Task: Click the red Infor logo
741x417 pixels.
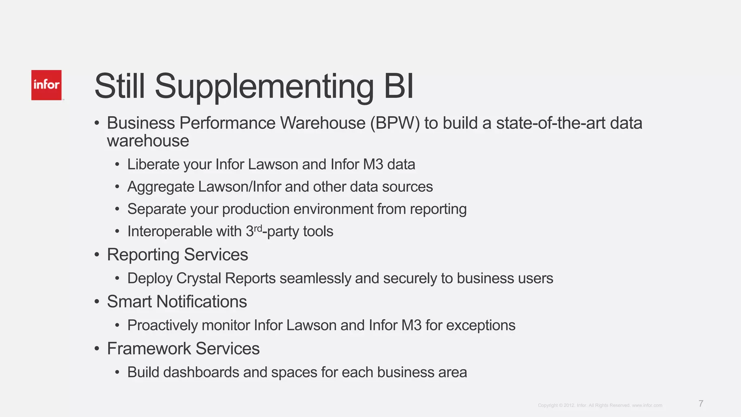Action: pos(46,85)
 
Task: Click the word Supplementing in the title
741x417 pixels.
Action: pos(264,87)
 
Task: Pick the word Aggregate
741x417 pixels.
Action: pos(161,187)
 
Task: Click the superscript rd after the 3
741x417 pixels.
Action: pos(258,228)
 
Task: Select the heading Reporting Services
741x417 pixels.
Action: pos(177,254)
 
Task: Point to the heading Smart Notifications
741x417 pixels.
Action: pos(177,302)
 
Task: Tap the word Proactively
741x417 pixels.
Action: pos(162,325)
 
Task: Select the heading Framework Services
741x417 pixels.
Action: pos(183,349)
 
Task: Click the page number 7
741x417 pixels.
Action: pos(701,404)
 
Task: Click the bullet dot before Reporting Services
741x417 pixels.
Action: pos(97,255)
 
